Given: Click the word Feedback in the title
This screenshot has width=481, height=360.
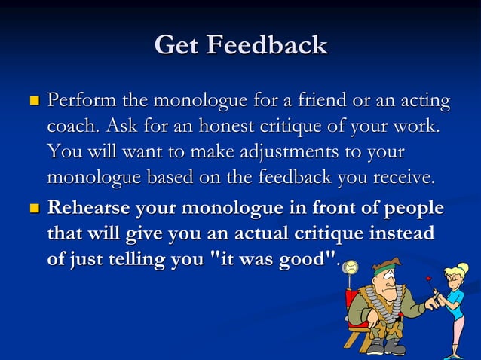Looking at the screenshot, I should [x=268, y=46].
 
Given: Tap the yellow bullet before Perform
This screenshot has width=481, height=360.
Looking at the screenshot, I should [x=32, y=100].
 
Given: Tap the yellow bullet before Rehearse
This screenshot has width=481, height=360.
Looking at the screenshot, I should [x=32, y=207].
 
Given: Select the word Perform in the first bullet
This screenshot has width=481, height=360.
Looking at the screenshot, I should [x=79, y=100].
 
